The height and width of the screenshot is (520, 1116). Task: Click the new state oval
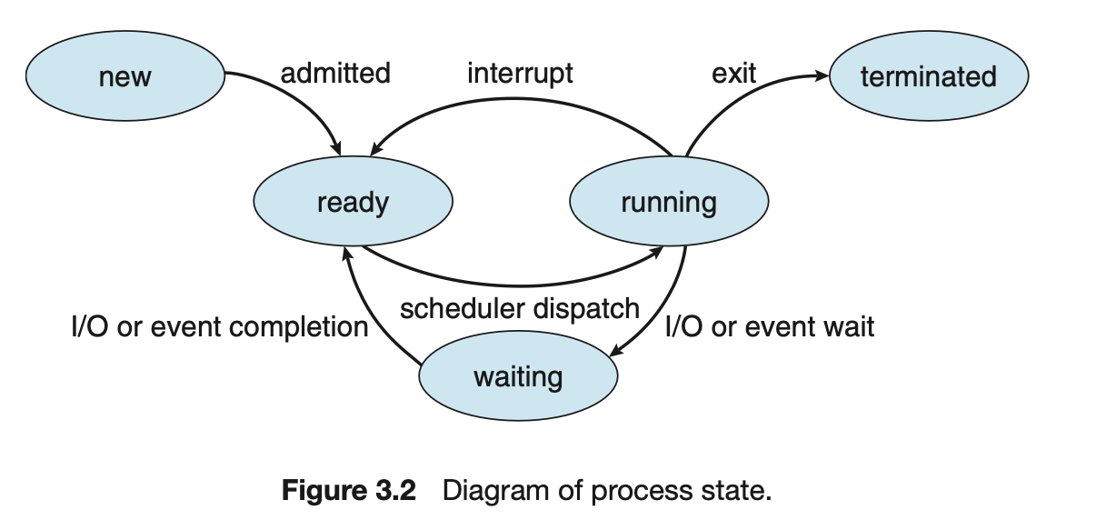coord(125,76)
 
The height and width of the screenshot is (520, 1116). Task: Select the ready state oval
coord(353,202)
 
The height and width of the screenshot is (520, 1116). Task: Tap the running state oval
coord(669,202)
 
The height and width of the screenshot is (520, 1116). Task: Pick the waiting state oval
coord(518,375)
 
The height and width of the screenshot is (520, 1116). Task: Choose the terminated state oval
coord(928,76)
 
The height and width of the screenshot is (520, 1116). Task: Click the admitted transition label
coord(335,73)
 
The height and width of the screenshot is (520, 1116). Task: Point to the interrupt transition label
coord(520,73)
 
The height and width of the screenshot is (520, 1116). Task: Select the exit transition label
coord(734,73)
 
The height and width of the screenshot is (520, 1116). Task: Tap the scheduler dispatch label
coord(520,308)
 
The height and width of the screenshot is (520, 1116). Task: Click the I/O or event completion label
coord(219,325)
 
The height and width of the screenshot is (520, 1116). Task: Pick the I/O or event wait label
coord(770,325)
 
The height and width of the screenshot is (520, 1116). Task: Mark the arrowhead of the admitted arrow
coord(338,150)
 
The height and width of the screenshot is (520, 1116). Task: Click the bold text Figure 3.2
coord(349,492)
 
